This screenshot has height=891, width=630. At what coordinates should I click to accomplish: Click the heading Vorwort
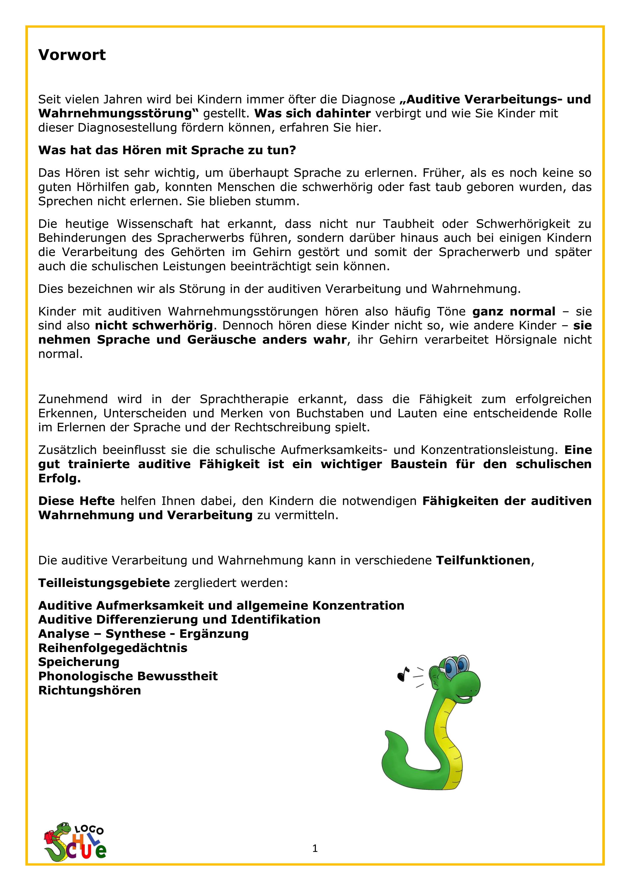(72, 55)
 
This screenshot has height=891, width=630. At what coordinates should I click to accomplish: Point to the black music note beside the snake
(403, 674)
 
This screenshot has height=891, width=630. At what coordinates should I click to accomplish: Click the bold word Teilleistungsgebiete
(104, 583)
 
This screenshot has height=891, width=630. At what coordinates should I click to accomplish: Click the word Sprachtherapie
(244, 399)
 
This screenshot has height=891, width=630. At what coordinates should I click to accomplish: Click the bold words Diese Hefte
(76, 501)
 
